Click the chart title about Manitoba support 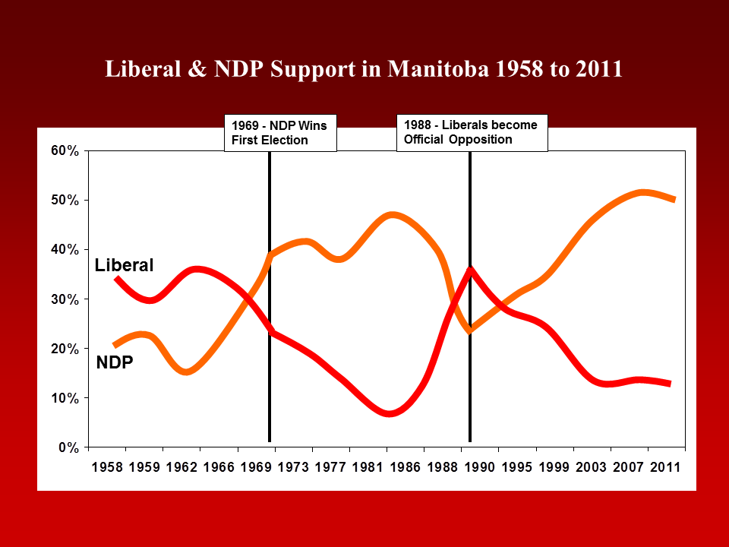pos(364,69)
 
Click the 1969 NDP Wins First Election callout pos(279,133)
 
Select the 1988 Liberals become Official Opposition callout pos(471,132)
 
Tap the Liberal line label pos(124,265)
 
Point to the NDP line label pos(115,363)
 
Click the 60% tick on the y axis pos(65,151)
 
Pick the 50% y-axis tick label pos(65,201)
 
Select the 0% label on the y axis pos(68,447)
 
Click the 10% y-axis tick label pos(65,398)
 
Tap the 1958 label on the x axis pos(107,466)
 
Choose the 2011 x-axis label pos(664,466)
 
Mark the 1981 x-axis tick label pos(368,466)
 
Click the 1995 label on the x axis pos(516,466)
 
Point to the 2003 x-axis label pos(590,466)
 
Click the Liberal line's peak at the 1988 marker pos(471,268)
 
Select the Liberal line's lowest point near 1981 pos(389,414)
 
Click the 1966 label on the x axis pos(219,466)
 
